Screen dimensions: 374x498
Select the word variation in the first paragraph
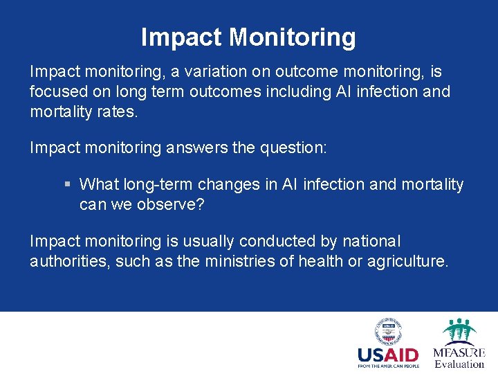(x=232, y=72)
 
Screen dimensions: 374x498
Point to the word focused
(x=55, y=91)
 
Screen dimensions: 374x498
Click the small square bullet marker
(x=67, y=185)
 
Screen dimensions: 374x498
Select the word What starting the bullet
(x=100, y=184)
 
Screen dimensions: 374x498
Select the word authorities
(x=66, y=260)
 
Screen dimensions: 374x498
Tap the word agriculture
(x=410, y=260)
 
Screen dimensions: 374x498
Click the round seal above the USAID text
(x=388, y=331)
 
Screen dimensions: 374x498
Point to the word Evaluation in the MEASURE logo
(x=459, y=364)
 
